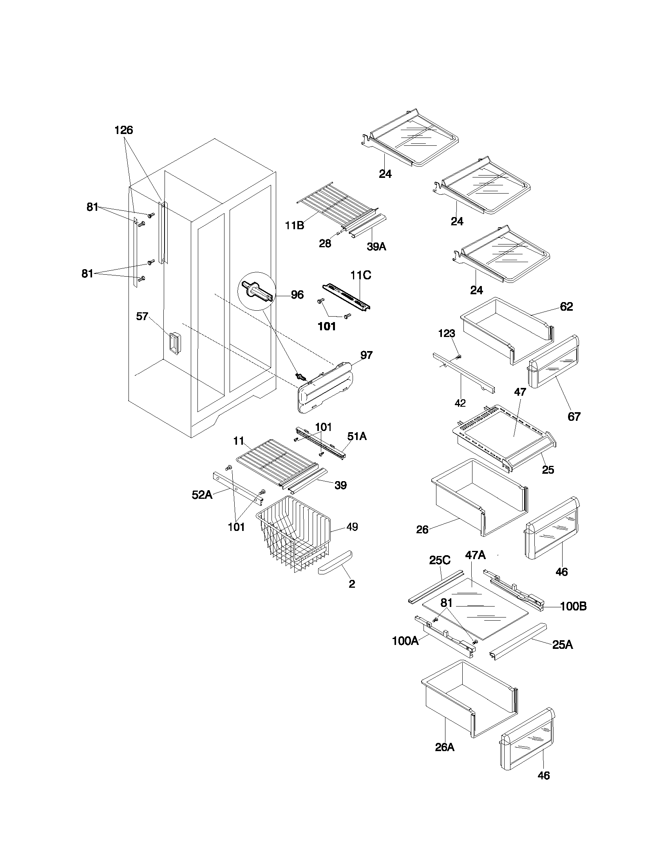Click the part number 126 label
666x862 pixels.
click(x=123, y=130)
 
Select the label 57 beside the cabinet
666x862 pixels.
click(x=142, y=316)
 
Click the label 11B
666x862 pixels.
click(x=295, y=225)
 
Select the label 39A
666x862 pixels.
click(x=376, y=247)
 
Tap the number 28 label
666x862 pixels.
click(x=325, y=244)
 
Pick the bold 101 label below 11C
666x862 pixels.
click(x=327, y=326)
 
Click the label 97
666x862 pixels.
click(x=366, y=355)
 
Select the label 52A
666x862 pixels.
click(x=202, y=495)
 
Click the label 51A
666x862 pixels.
click(x=357, y=436)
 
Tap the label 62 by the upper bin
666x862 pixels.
click(x=566, y=307)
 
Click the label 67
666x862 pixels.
click(x=574, y=417)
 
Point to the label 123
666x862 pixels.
click(x=447, y=333)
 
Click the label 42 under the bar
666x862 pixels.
click(x=460, y=403)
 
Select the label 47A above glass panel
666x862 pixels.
click(x=475, y=555)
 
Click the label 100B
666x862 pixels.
click(x=573, y=607)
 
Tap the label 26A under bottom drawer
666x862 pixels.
click(x=445, y=747)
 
